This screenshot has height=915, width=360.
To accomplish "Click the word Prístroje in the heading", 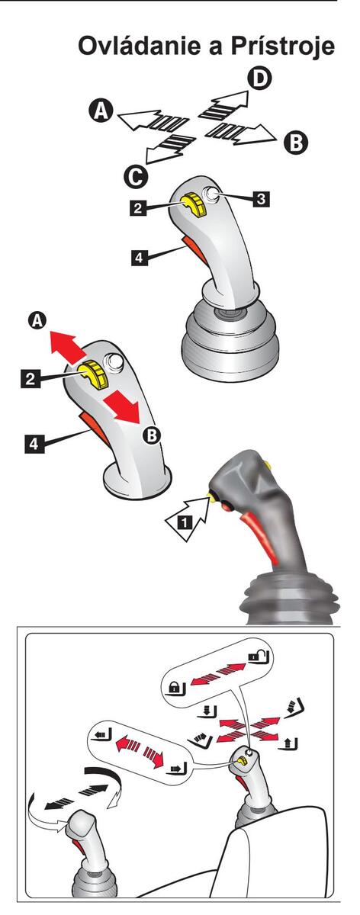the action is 283,46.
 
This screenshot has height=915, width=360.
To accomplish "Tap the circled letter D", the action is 260,79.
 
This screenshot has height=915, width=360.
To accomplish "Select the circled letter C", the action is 136,177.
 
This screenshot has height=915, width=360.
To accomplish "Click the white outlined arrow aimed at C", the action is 169,148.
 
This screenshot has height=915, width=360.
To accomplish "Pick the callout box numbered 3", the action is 261,199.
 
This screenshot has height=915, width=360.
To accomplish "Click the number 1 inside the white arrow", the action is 185,522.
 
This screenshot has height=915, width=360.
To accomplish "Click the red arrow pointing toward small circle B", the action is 123,407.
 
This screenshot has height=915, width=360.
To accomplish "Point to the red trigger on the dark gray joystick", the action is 259,538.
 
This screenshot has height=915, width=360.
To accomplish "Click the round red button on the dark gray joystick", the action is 226,506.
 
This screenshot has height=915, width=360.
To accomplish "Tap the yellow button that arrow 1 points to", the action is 212,496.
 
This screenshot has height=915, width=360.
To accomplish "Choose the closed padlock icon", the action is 177,687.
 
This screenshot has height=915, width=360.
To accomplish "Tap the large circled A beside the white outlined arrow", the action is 101,111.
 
